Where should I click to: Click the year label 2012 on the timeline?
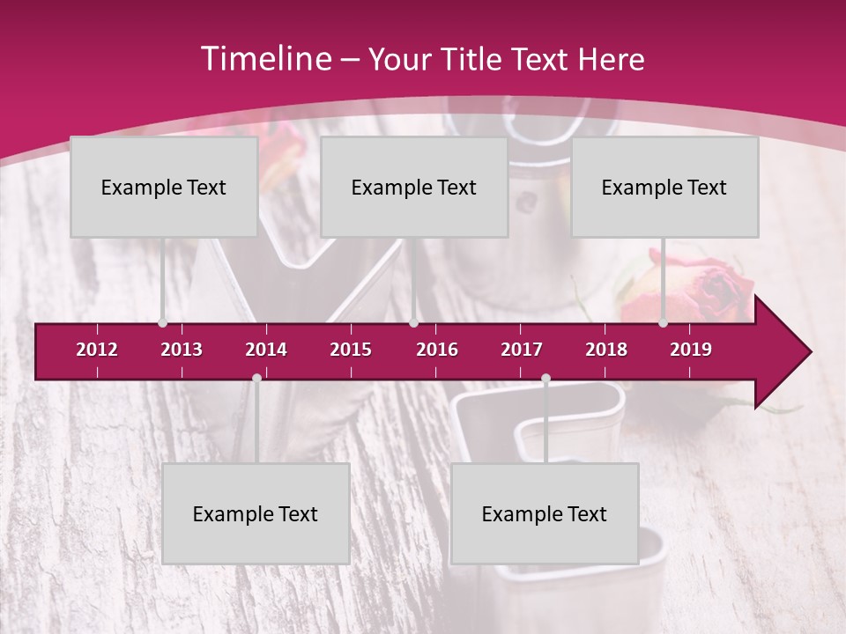click(97, 350)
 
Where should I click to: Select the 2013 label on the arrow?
click(182, 350)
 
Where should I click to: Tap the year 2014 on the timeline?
click(266, 350)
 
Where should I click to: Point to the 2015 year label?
click(351, 350)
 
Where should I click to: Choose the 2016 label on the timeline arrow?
click(437, 350)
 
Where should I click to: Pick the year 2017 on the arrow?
click(522, 350)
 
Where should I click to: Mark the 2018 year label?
click(606, 350)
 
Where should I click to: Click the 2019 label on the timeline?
click(691, 350)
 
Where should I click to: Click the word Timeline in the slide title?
click(265, 59)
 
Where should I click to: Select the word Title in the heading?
click(474, 60)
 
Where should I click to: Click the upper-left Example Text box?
click(163, 187)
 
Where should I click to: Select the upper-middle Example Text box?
click(413, 187)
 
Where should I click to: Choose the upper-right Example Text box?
click(664, 187)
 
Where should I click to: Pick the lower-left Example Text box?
click(256, 513)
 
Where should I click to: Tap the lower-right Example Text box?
click(544, 513)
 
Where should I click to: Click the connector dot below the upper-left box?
click(162, 323)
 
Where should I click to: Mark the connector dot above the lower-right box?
click(545, 379)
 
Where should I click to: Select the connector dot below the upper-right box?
click(664, 323)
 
